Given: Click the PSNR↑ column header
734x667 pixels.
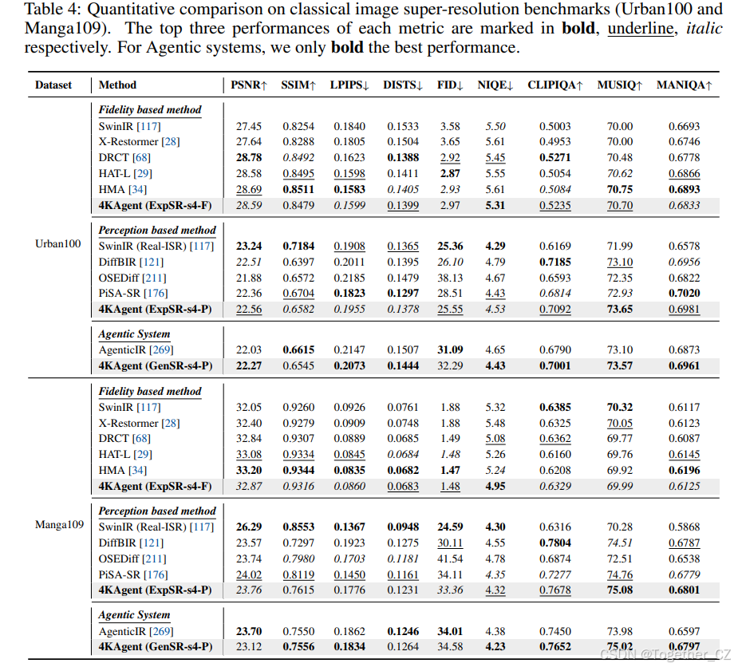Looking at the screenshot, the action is tap(249, 85).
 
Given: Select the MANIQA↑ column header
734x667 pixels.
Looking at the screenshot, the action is tap(684, 85).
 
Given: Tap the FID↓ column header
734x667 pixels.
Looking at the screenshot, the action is tap(450, 85).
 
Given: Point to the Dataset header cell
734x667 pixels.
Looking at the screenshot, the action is tap(53, 85).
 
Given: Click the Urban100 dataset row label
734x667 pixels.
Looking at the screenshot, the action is tap(58, 244).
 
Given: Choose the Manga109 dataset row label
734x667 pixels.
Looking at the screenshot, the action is tap(60, 525).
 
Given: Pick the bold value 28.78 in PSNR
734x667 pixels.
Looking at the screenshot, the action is tap(249, 158).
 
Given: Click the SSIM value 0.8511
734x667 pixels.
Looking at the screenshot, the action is tap(298, 190).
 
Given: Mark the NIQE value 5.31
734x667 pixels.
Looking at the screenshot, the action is tap(495, 206).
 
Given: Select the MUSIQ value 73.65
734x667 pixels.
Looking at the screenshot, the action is tap(620, 310).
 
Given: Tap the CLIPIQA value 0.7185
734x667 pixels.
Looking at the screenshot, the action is tap(554, 262).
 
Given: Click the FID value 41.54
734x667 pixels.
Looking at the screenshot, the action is tap(450, 558).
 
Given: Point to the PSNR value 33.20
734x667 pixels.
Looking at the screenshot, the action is tap(249, 471).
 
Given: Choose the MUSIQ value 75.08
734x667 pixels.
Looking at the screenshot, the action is tap(620, 590).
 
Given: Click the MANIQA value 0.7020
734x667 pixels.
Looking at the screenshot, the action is tap(684, 294).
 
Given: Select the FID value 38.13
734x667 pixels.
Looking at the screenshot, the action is tap(450, 278).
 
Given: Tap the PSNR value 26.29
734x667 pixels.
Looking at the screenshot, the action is tap(249, 527).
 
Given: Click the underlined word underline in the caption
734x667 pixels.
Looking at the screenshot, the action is tap(641, 29).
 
